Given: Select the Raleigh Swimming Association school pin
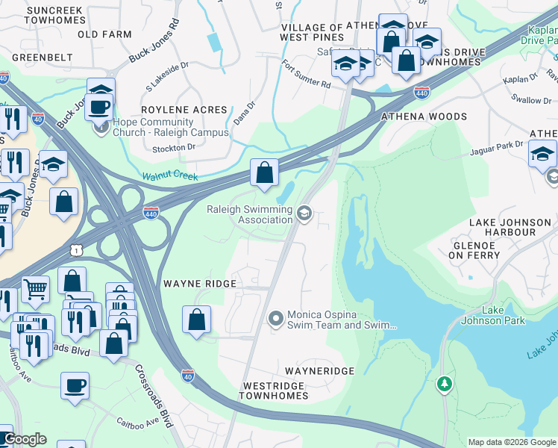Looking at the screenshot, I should pyautogui.click(x=304, y=214).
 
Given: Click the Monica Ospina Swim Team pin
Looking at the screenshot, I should pyautogui.click(x=276, y=320).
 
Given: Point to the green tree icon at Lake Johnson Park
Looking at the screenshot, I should pyautogui.click(x=445, y=384).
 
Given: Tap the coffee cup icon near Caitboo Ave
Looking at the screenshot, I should pyautogui.click(x=75, y=387).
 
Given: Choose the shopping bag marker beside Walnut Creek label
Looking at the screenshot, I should pyautogui.click(x=264, y=173).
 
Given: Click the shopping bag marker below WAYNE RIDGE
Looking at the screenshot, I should pyautogui.click(x=195, y=320).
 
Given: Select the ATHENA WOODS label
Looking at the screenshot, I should pyautogui.click(x=424, y=116).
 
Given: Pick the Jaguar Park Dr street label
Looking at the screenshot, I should pyautogui.click(x=497, y=148).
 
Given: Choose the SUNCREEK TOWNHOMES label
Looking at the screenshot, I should pyautogui.click(x=54, y=16).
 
